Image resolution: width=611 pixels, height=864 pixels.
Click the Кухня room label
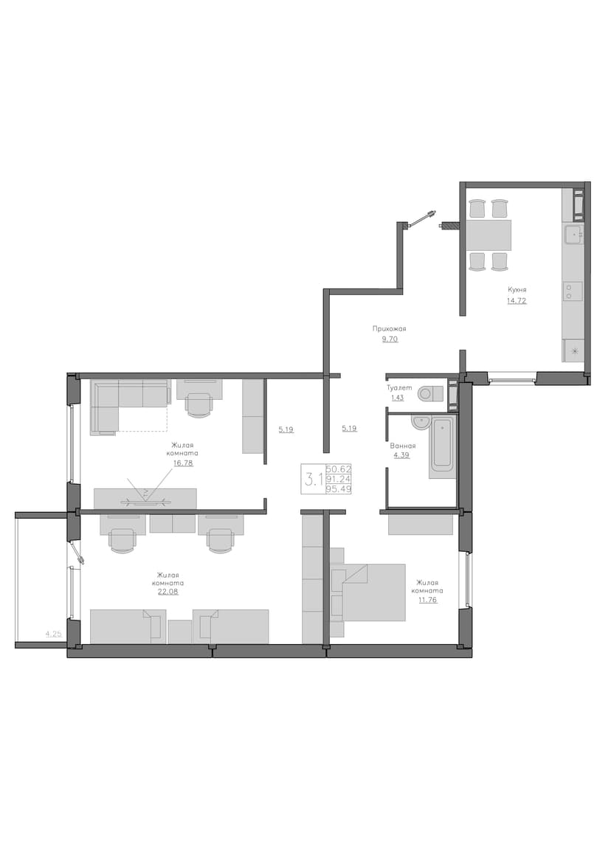pos(517,289)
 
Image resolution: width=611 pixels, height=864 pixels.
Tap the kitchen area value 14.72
pos(517,301)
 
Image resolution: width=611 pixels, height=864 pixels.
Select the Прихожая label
pos(390,328)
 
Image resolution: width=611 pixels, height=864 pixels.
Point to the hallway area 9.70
pos(390,339)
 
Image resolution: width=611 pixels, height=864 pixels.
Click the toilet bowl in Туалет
pos(432,393)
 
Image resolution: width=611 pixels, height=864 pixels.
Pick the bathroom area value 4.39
pos(401,455)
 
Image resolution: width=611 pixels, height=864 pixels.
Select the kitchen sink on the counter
pos(573,235)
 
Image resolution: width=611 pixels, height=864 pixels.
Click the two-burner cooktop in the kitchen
pos(573,291)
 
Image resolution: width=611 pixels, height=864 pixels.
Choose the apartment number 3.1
pos(314,478)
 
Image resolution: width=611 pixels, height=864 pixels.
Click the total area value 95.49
pos(339,488)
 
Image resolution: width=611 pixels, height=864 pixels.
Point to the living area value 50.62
pos(339,469)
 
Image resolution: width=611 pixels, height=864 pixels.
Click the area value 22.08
pos(167,592)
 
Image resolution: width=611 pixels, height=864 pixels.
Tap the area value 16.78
pos(183,463)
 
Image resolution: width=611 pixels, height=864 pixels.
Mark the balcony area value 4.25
pos(53,634)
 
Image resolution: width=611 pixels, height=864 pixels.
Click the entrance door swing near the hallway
pos(423,218)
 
